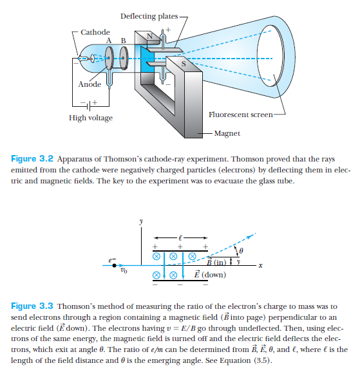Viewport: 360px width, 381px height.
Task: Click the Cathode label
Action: coord(95,32)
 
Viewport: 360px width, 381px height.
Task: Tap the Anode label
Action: coord(90,84)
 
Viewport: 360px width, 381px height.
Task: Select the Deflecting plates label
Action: coord(149,16)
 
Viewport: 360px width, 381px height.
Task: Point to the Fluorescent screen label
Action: coord(241,115)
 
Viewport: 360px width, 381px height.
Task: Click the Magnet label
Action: coord(227,133)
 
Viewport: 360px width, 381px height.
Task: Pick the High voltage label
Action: coord(91,118)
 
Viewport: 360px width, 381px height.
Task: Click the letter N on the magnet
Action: coord(149,36)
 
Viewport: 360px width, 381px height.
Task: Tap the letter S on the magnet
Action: coord(184,64)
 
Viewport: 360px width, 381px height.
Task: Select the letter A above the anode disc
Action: coord(109,41)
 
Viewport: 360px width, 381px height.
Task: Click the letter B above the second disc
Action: coord(124,41)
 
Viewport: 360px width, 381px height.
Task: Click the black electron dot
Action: coord(114,265)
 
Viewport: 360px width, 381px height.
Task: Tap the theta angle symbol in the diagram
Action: coord(241,250)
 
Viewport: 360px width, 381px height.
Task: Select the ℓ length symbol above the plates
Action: coord(180,237)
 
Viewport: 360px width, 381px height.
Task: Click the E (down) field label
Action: coord(210,274)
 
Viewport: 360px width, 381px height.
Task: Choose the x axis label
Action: coord(260,266)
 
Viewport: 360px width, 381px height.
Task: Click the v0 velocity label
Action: coord(124,270)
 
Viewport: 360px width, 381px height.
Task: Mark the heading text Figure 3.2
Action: coord(32,159)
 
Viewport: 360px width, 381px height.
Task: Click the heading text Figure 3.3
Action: coord(32,306)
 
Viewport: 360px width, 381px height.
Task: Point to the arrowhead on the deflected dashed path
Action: coord(249,237)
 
